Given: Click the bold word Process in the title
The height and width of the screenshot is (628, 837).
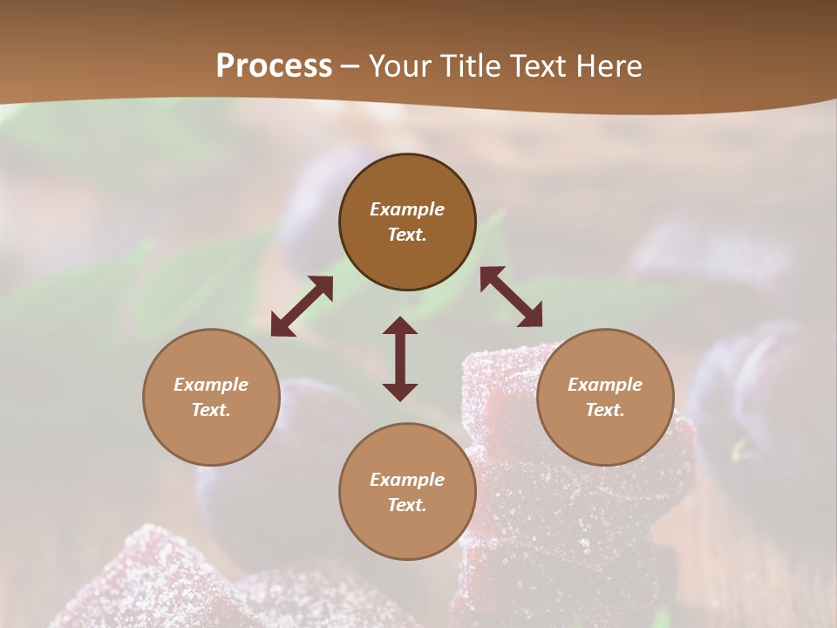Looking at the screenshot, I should pyautogui.click(x=274, y=66).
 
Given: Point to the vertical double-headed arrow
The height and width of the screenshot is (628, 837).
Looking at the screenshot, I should pyautogui.click(x=400, y=358).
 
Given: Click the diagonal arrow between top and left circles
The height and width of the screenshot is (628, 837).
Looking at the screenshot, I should pyautogui.click(x=302, y=306).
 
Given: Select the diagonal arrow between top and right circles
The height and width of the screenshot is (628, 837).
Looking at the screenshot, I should pyautogui.click(x=511, y=297).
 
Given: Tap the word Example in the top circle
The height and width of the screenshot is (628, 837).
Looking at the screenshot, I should pyautogui.click(x=407, y=209).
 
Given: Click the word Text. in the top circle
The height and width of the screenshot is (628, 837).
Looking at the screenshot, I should pyautogui.click(x=407, y=235).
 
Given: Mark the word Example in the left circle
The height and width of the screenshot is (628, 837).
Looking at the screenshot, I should pyautogui.click(x=211, y=385).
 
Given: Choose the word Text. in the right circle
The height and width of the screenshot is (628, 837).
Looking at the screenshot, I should pyautogui.click(x=605, y=410).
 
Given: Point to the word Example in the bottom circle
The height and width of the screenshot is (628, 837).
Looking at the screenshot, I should pyautogui.click(x=407, y=480).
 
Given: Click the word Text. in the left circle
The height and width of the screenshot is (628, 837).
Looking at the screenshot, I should pyautogui.click(x=211, y=410).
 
